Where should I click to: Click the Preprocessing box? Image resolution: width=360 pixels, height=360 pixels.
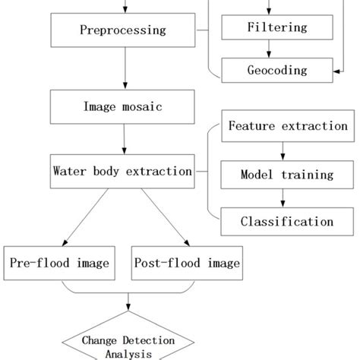tap(124, 31)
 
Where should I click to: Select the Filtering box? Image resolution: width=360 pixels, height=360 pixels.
tap(277, 28)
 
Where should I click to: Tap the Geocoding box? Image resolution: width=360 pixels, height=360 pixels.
tap(277, 70)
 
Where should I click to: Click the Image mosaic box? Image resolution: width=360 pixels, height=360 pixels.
tap(124, 107)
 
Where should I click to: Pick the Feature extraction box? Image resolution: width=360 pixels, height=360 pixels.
tap(288, 126)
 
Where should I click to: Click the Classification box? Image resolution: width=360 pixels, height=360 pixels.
tap(288, 222)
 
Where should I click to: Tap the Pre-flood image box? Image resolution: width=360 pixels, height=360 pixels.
tap(60, 264)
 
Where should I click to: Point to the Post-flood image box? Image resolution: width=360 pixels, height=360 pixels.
tap(188, 264)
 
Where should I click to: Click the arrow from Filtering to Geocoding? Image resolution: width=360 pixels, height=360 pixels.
tap(277, 49)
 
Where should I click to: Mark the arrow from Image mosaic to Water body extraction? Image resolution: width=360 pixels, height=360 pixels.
tap(124, 139)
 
